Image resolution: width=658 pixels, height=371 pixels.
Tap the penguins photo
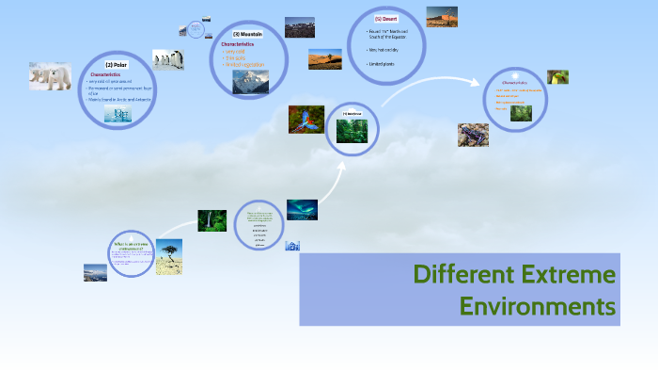(x=168, y=60)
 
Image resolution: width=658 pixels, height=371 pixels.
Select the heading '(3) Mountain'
(x=247, y=34)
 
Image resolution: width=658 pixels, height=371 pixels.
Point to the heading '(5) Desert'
(x=384, y=18)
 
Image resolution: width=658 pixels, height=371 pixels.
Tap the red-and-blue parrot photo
(x=306, y=120)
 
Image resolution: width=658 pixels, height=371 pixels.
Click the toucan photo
(x=557, y=77)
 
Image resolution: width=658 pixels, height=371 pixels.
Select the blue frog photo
(x=473, y=135)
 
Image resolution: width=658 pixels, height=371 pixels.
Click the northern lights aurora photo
(x=302, y=208)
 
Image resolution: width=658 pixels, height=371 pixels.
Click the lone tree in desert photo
(x=169, y=255)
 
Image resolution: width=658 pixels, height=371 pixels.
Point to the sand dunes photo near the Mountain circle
(x=325, y=59)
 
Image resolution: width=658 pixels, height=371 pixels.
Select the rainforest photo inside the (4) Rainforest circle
(x=352, y=132)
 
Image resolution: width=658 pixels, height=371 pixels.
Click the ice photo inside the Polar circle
(x=117, y=115)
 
